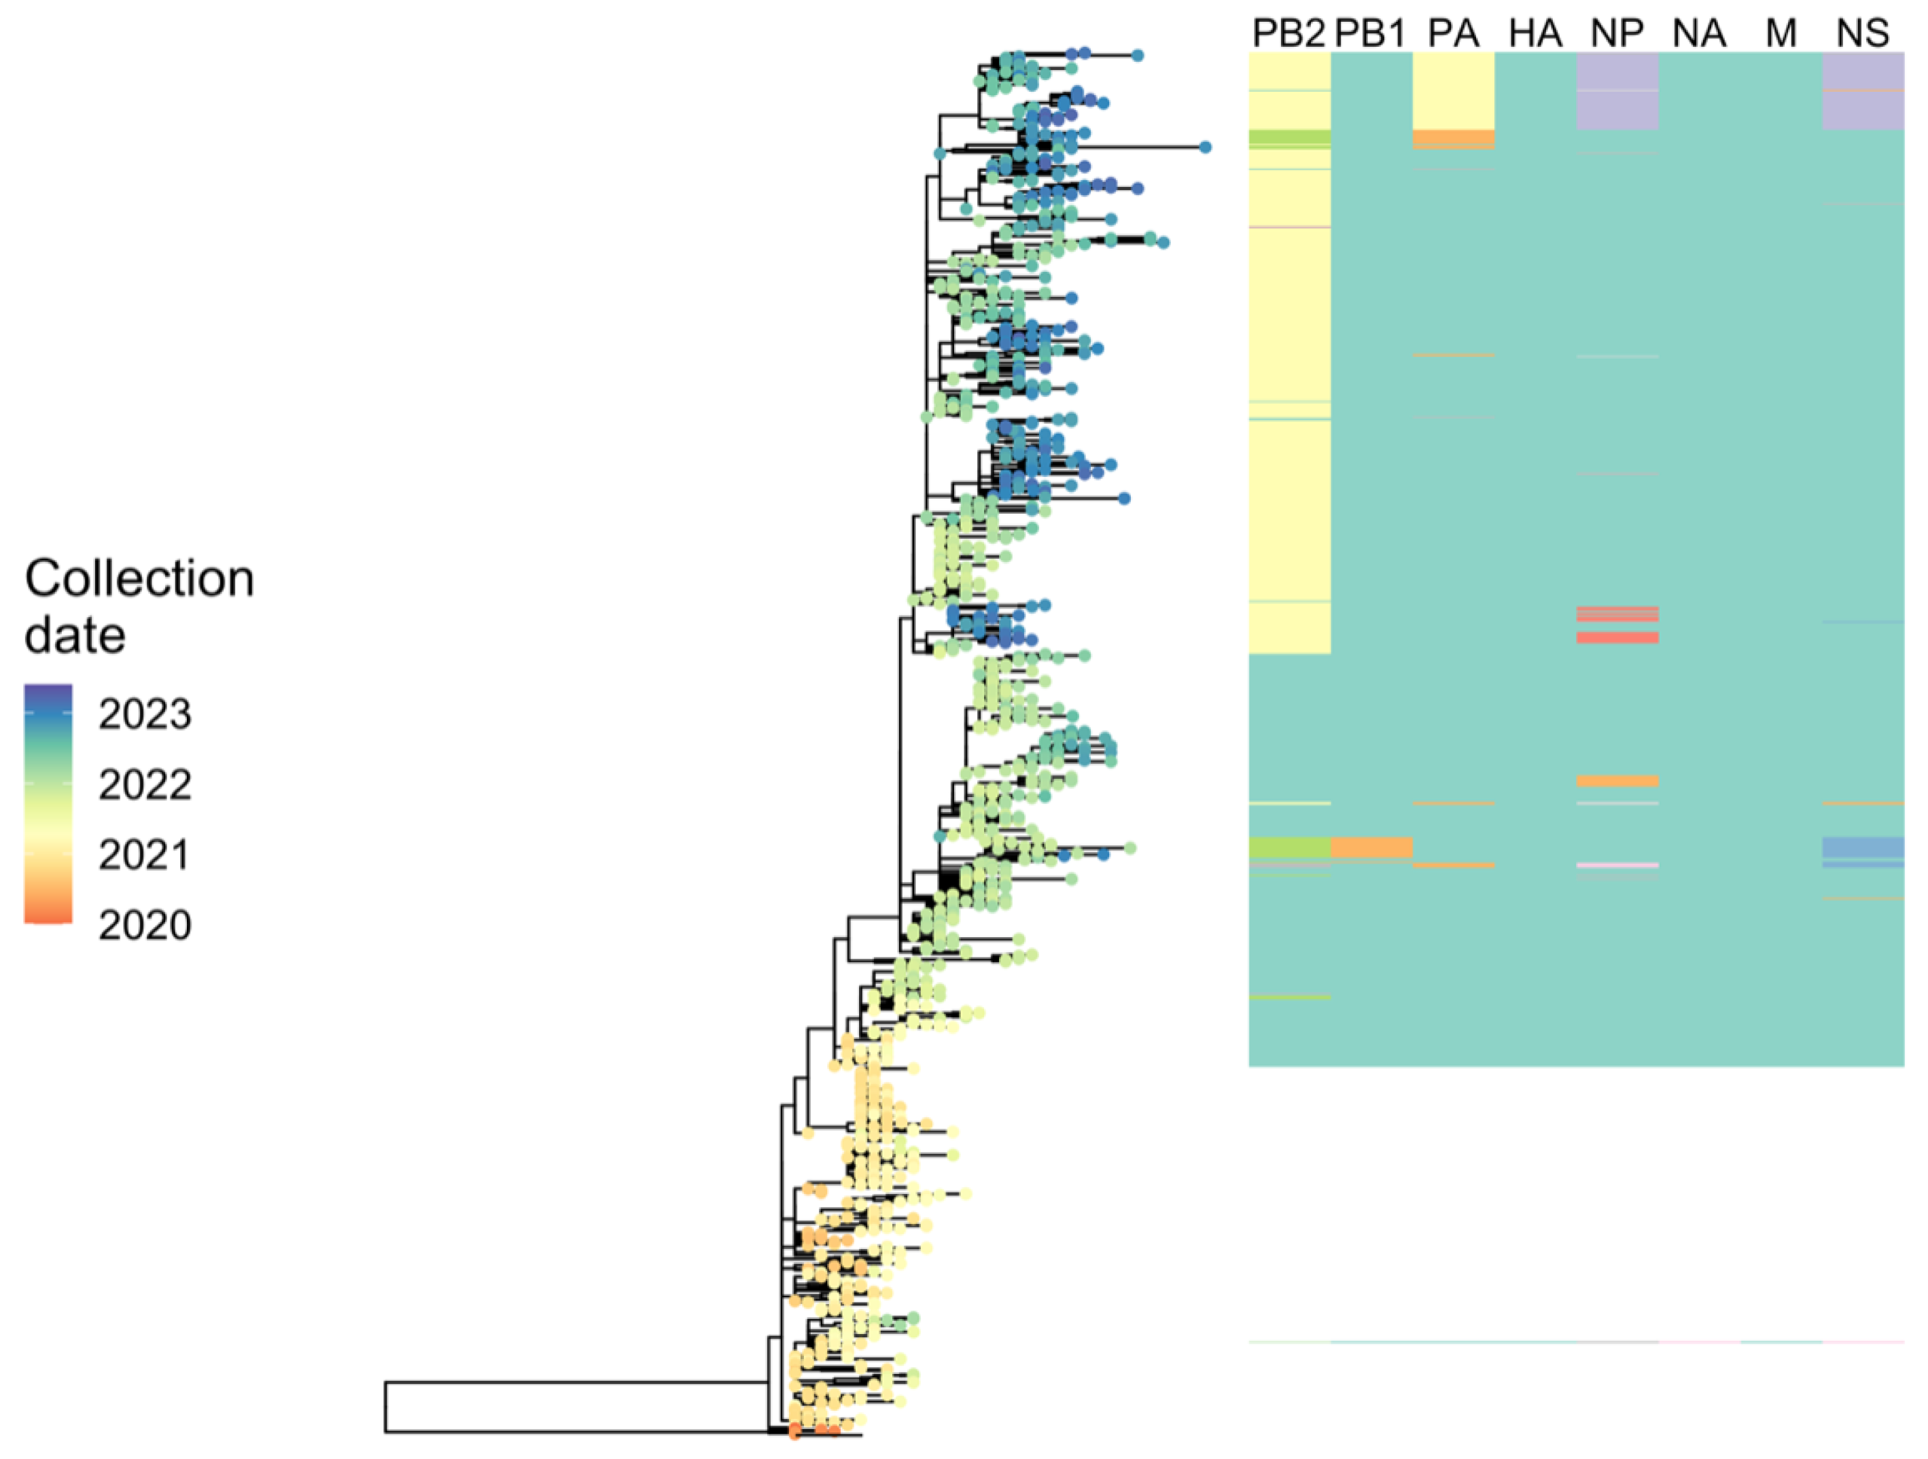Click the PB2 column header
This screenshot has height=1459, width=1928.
click(x=1289, y=33)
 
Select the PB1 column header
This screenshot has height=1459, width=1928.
click(x=1370, y=33)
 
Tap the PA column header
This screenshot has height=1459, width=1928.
click(x=1453, y=33)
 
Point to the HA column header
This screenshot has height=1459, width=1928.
click(x=1535, y=33)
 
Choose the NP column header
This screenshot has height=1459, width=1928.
click(x=1617, y=33)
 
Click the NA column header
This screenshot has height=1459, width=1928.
click(x=1699, y=33)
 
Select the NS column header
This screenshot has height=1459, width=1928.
click(x=1863, y=33)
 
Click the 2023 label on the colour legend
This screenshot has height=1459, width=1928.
click(x=145, y=715)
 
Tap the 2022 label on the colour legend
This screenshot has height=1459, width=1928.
click(x=145, y=786)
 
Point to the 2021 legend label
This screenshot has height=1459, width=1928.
click(x=145, y=855)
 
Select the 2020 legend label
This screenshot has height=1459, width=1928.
click(x=145, y=926)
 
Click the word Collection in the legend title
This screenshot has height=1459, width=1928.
click(x=139, y=579)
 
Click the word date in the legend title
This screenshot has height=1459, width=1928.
click(x=75, y=635)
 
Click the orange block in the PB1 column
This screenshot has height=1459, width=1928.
click(x=1371, y=847)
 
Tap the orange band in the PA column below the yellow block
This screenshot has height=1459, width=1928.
click(x=1453, y=138)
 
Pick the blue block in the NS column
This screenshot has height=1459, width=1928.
click(x=1863, y=847)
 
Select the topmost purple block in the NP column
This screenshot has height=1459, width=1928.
click(x=1617, y=71)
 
